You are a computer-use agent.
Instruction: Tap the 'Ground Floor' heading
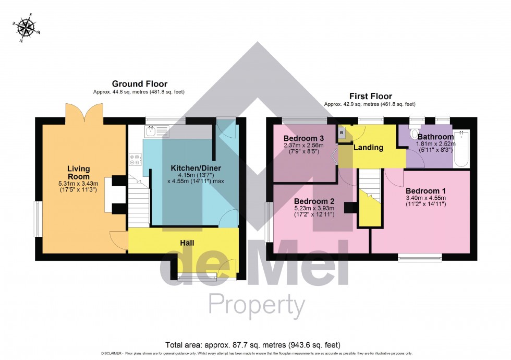click(x=140, y=83)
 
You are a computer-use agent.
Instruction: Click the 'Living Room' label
click(x=78, y=173)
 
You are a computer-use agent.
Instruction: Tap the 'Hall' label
click(x=188, y=243)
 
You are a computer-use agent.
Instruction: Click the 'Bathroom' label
click(x=435, y=137)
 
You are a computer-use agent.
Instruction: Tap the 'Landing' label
click(x=369, y=148)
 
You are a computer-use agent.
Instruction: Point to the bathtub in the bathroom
click(x=461, y=148)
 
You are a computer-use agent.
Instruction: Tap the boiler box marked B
click(x=342, y=133)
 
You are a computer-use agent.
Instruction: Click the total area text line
click(x=252, y=345)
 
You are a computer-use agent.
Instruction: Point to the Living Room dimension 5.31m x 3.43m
click(x=78, y=184)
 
